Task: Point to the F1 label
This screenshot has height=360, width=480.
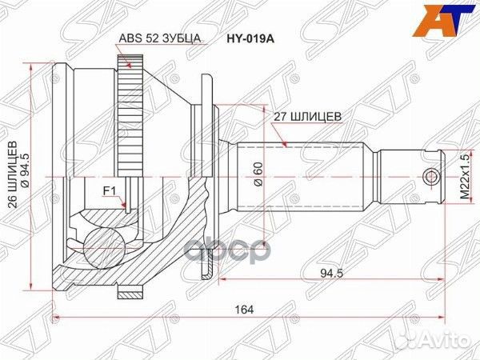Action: pos(110,190)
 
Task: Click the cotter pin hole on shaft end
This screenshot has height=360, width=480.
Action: pos(432,175)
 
